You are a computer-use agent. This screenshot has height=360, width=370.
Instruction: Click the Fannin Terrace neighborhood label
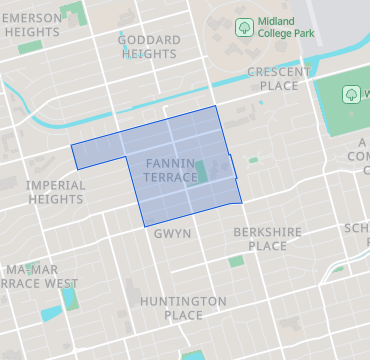(x=171, y=169)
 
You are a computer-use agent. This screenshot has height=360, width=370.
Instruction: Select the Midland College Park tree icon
(x=242, y=25)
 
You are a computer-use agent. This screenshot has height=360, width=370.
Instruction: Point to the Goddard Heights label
(x=149, y=47)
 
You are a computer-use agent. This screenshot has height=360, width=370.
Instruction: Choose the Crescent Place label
(x=273, y=79)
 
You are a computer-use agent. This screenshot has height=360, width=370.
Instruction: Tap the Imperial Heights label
(x=56, y=192)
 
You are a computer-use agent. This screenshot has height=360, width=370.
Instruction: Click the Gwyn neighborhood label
(x=172, y=233)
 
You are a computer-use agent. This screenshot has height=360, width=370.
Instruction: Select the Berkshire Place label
(x=267, y=238)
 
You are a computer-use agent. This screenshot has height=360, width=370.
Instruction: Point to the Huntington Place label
(x=183, y=308)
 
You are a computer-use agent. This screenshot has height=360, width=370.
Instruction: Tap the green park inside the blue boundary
(x=202, y=171)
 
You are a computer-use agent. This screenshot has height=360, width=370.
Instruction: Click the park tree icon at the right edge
(x=351, y=94)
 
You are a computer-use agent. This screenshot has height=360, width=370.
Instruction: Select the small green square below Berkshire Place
(x=236, y=261)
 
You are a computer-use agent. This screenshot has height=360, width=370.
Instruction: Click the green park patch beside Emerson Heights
(x=72, y=14)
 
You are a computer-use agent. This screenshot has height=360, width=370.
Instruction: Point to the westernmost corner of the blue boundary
(x=71, y=148)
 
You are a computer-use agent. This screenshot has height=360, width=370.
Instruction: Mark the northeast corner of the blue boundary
(x=216, y=106)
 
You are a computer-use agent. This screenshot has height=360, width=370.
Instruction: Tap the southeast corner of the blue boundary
(x=242, y=202)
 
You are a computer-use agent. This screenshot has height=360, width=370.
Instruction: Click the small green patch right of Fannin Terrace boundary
(x=253, y=160)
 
